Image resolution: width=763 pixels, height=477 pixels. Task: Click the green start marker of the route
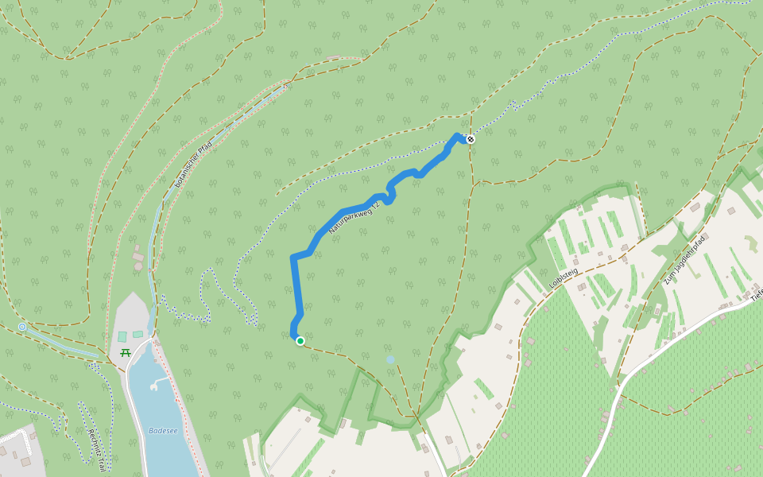click(300, 341)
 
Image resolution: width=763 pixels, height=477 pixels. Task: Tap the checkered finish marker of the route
click(471, 139)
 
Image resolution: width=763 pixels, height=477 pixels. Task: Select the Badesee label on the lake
click(163, 431)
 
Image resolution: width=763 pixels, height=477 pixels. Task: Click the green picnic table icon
click(125, 352)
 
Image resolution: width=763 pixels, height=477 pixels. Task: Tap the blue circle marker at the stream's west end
click(22, 327)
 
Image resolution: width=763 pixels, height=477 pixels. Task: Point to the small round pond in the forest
click(389, 359)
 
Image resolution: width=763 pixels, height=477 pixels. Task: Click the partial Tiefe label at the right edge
click(756, 293)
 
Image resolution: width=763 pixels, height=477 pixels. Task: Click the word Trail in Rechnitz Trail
click(101, 460)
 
